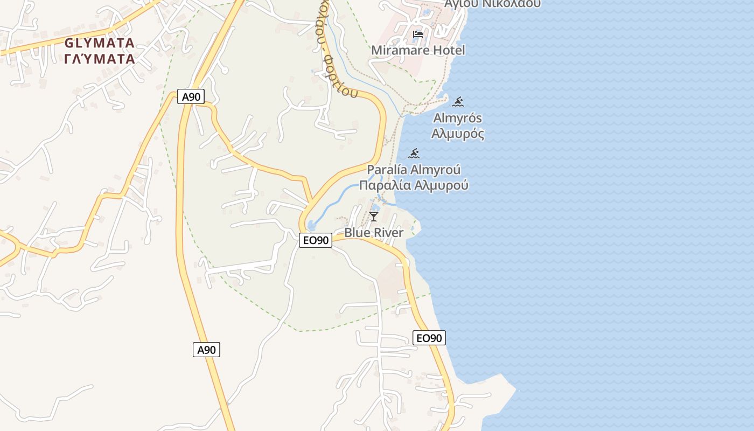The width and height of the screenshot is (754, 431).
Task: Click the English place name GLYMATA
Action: (99, 43)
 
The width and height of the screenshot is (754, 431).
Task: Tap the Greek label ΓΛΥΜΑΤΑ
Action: (99, 59)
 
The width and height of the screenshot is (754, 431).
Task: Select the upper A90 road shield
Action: (191, 97)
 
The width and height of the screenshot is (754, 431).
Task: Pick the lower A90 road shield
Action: (206, 350)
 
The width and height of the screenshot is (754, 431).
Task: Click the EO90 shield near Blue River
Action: (316, 240)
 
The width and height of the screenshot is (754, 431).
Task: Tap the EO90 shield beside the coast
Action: (429, 338)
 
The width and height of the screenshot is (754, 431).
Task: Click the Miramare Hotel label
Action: (418, 50)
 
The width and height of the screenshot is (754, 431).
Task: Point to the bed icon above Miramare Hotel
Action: (417, 35)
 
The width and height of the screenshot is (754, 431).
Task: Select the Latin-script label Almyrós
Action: (458, 118)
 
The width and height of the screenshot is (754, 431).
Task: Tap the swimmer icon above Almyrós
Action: (458, 102)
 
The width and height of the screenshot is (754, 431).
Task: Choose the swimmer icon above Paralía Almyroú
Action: (414, 154)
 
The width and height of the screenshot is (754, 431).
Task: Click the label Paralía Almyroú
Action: (414, 170)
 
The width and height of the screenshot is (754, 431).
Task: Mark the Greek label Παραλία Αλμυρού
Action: (414, 185)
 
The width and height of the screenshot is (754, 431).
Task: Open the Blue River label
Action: (374, 233)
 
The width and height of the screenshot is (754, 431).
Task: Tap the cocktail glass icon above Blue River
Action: (374, 217)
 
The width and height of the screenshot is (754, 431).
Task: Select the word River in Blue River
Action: (388, 233)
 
